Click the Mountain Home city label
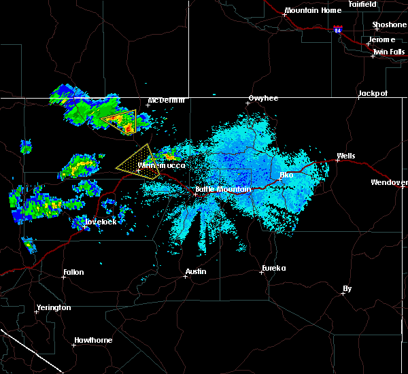[x=313, y=11]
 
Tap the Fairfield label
[x=362, y=4]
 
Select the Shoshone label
[x=389, y=25]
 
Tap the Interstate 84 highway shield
[x=338, y=31]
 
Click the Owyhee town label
[x=263, y=99]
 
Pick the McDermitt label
[x=167, y=101]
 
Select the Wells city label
[x=345, y=156]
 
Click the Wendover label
[x=389, y=183]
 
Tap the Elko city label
[x=286, y=175]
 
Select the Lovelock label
[x=98, y=222]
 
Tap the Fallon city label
[x=73, y=273]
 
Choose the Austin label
[x=197, y=272]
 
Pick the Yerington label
[x=54, y=307]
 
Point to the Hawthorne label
[x=92, y=341]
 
